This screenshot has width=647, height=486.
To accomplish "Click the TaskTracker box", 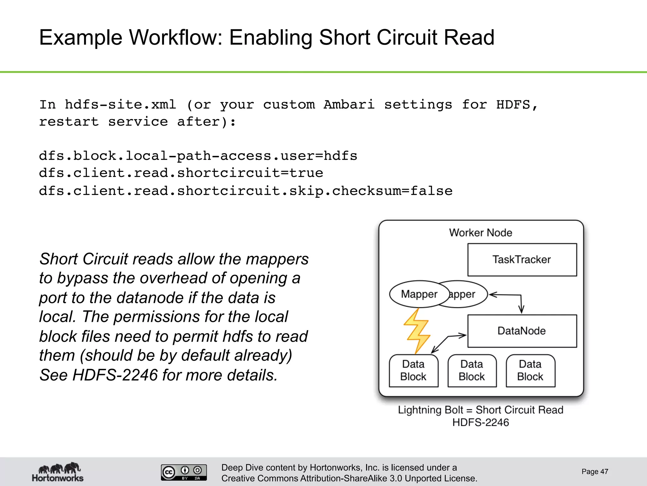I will [x=522, y=260].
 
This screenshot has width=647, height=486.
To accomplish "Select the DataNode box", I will [x=522, y=331].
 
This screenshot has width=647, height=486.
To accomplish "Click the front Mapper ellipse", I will [x=419, y=294].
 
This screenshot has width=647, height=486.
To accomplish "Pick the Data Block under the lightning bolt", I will [x=413, y=371].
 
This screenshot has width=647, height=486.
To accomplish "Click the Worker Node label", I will [x=481, y=233].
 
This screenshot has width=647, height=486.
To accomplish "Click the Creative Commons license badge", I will [x=184, y=472].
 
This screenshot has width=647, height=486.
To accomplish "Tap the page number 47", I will [x=595, y=472].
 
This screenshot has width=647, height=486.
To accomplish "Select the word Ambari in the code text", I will [x=349, y=105].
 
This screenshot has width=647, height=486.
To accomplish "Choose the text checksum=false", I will [x=392, y=191].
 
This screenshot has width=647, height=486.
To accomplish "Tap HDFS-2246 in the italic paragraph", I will [x=115, y=375].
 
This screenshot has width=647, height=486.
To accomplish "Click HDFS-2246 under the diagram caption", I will [x=481, y=423].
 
